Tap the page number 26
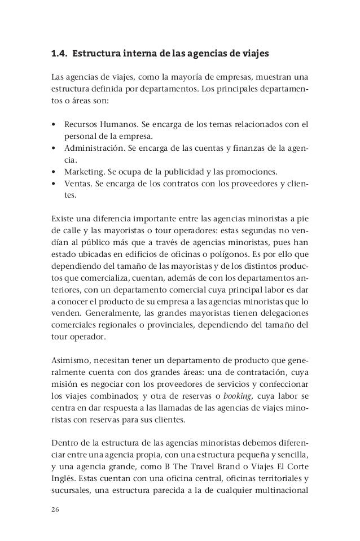(55, 511)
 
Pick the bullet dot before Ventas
(52, 186)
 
